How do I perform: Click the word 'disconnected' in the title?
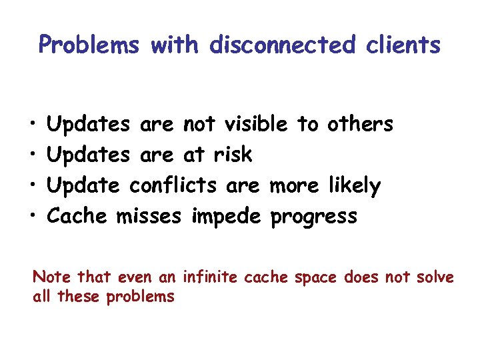(x=282, y=45)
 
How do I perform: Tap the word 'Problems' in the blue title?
(x=89, y=45)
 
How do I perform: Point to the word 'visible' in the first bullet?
(x=257, y=124)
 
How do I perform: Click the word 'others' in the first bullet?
(x=360, y=124)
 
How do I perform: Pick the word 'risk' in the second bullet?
(x=233, y=155)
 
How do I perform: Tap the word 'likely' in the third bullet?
(x=354, y=185)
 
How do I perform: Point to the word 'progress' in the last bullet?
(x=313, y=217)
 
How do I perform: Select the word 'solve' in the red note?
(x=433, y=277)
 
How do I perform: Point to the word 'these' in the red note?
(x=78, y=297)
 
